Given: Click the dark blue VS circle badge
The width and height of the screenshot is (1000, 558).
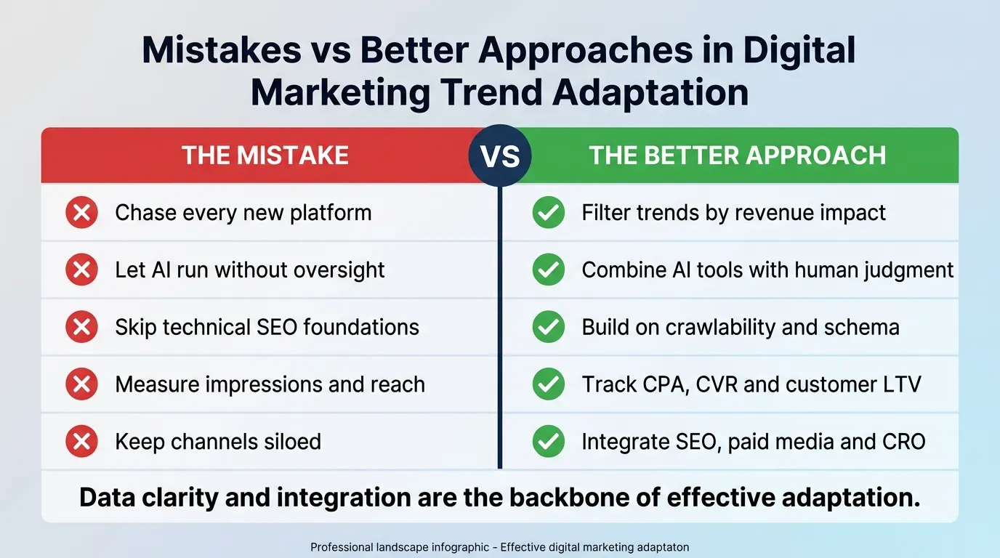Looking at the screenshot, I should (500, 155).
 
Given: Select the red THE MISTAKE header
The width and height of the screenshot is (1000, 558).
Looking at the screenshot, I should (265, 155).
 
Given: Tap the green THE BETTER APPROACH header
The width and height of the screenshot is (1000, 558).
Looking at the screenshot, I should (737, 155).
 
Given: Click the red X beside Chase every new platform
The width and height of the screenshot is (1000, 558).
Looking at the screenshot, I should (81, 213).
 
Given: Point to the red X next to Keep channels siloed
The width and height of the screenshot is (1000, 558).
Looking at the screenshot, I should (81, 441).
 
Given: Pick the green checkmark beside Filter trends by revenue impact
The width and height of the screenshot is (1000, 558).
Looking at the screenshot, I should (548, 213).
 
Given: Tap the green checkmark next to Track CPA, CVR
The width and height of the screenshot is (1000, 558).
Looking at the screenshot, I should (548, 384).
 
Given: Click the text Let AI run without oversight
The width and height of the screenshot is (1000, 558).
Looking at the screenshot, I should (249, 270).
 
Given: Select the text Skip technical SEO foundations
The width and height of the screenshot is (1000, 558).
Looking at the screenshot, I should (267, 327).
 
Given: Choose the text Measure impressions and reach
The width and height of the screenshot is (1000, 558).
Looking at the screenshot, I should (270, 384).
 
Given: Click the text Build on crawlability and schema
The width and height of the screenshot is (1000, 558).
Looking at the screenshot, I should (740, 327).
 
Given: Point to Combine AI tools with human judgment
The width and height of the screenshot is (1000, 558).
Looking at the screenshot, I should (767, 270).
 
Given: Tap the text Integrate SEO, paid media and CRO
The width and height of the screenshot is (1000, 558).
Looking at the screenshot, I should (753, 441).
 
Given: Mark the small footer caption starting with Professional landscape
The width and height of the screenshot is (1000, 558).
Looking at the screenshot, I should (499, 547).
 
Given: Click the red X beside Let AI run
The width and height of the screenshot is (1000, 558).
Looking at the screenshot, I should (81, 270).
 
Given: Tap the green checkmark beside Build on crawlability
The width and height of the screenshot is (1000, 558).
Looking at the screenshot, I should (548, 327).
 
